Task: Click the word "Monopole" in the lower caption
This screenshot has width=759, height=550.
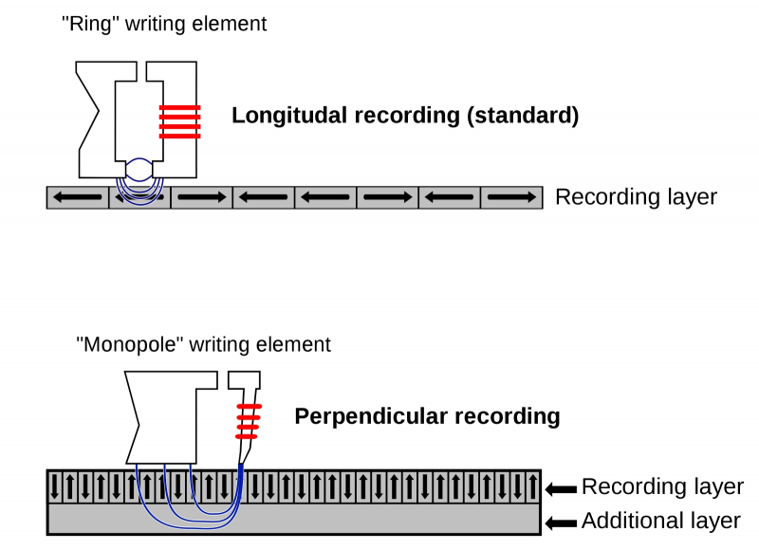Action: (x=132, y=344)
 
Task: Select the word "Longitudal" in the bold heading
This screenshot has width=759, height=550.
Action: (x=290, y=117)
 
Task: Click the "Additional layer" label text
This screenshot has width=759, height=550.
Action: (x=660, y=521)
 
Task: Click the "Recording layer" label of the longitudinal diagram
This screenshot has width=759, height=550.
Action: (x=636, y=197)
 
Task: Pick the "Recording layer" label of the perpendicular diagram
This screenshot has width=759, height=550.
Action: (x=662, y=487)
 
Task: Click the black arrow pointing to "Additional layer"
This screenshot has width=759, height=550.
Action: (x=562, y=522)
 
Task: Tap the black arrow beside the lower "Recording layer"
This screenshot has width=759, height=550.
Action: (x=562, y=489)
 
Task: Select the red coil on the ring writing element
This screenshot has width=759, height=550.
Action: (x=180, y=121)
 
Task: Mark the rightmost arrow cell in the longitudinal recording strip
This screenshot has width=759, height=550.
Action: (x=511, y=197)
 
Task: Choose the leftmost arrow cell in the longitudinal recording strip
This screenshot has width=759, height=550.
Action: (x=78, y=197)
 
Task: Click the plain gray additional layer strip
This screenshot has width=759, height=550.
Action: (x=379, y=520)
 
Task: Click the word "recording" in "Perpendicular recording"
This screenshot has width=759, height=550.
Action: (x=508, y=416)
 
